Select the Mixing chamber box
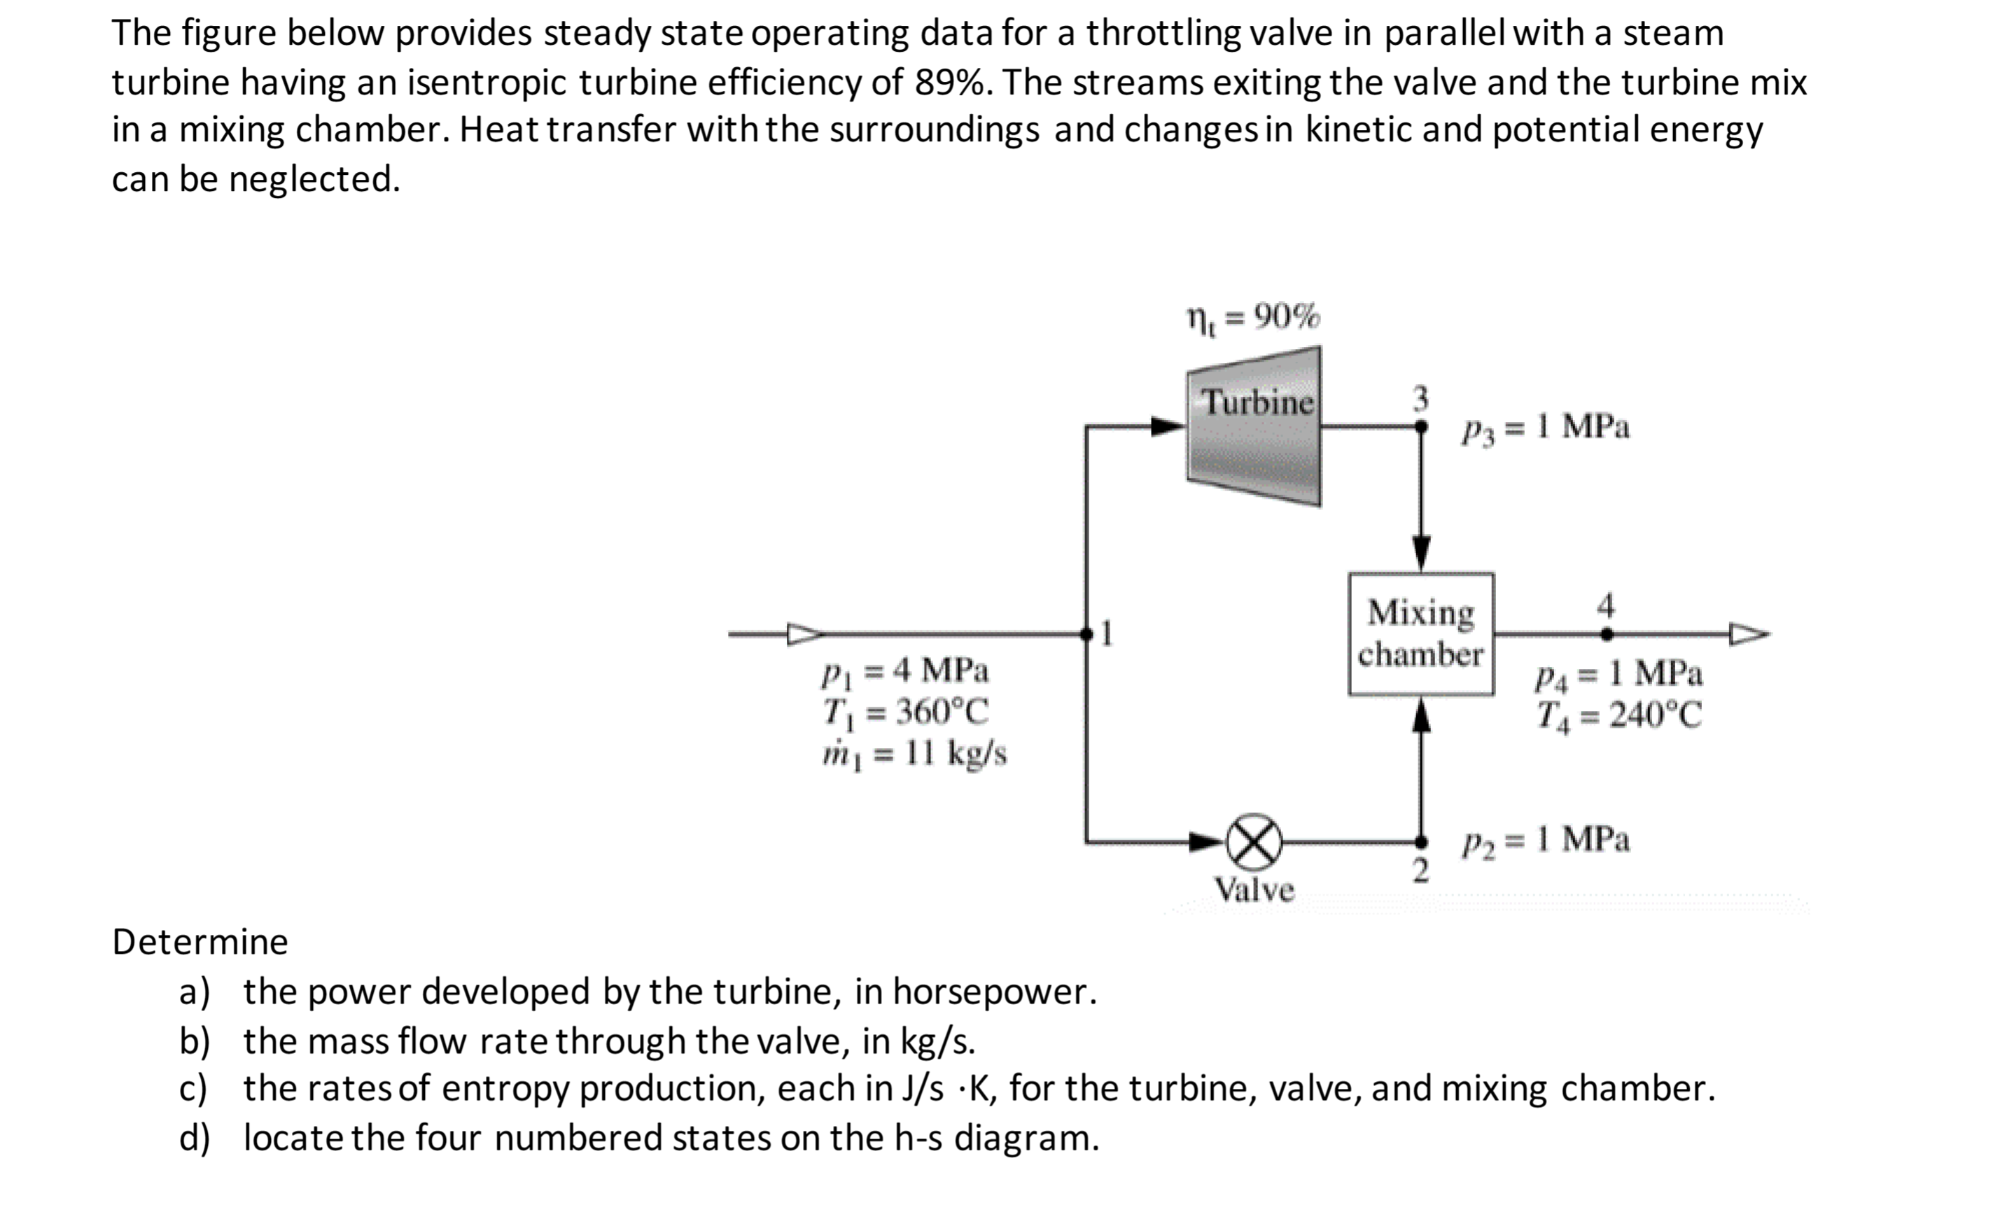1421,634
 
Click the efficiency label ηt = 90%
1254,317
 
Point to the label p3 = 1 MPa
1546,428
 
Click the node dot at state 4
1607,634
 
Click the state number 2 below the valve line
1420,871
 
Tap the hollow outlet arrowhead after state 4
1747,634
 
